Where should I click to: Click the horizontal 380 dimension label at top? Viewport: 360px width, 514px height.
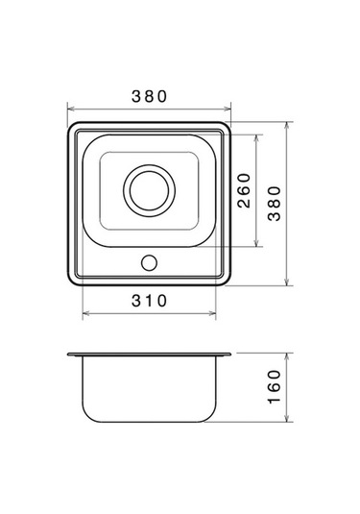click(x=149, y=96)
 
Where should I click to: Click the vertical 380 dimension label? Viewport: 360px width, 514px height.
click(x=275, y=204)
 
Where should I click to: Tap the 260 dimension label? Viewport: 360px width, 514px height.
click(x=244, y=191)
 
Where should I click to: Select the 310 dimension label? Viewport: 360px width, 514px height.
click(x=149, y=301)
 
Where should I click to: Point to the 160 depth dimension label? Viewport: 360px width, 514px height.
click(x=275, y=387)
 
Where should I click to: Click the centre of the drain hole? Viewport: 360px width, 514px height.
click(x=149, y=190)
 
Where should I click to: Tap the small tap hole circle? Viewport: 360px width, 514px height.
click(x=149, y=263)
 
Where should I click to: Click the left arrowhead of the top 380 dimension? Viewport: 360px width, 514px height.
click(x=71, y=109)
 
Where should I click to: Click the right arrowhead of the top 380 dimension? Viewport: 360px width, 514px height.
click(x=228, y=109)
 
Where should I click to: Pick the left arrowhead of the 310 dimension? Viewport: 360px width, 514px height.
click(x=85, y=314)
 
